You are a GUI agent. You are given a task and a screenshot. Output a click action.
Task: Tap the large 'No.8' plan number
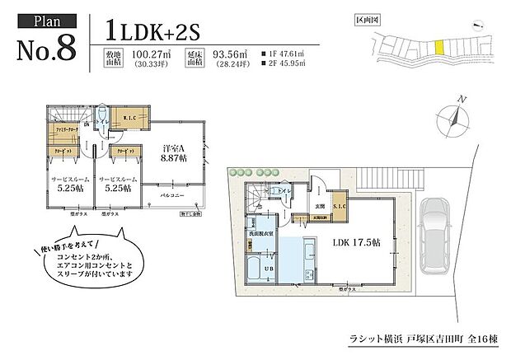(x=46, y=49)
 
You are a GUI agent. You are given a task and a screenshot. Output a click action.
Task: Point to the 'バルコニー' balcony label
(x=173, y=195)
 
